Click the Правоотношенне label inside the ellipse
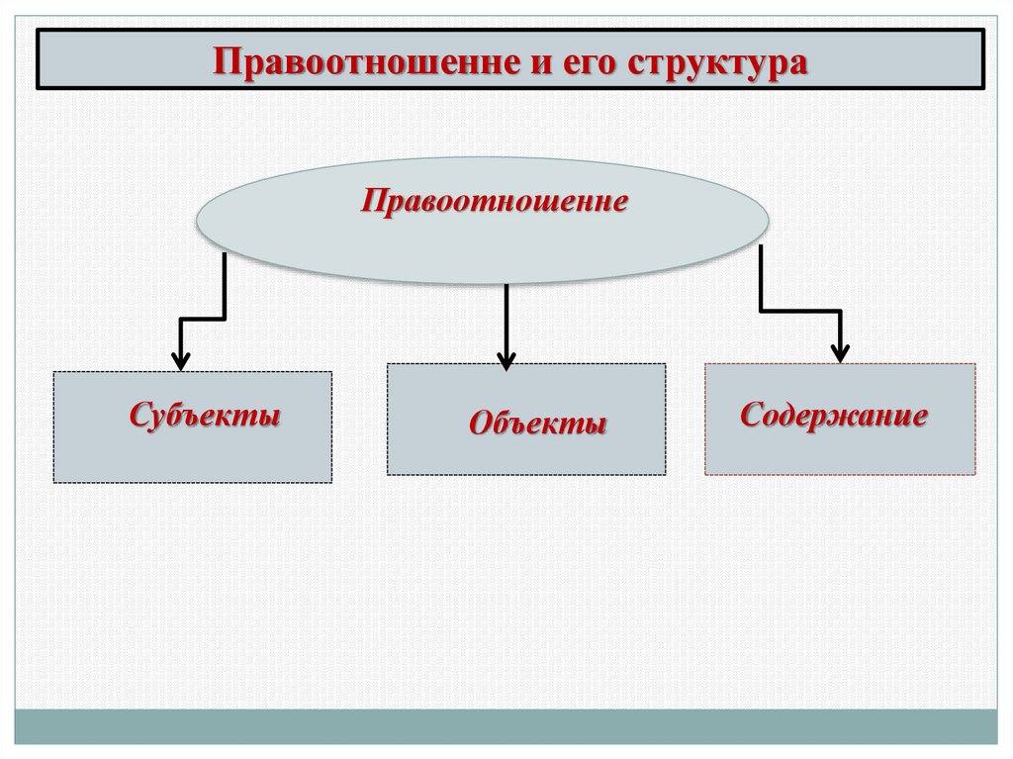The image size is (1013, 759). pos(495,203)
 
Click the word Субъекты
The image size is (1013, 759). pos(205,415)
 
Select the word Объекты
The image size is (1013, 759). pos(537,425)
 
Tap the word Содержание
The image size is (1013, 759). pos(834,415)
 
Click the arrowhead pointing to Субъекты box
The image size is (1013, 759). pos(180,359)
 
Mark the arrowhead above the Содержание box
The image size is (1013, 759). pos(840,351)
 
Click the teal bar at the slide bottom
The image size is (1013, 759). pos(506,726)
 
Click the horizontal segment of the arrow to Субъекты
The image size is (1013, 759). pos(203,319)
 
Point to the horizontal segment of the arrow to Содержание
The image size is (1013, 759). pos(800,312)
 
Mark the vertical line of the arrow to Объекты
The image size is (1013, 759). pos(506,317)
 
